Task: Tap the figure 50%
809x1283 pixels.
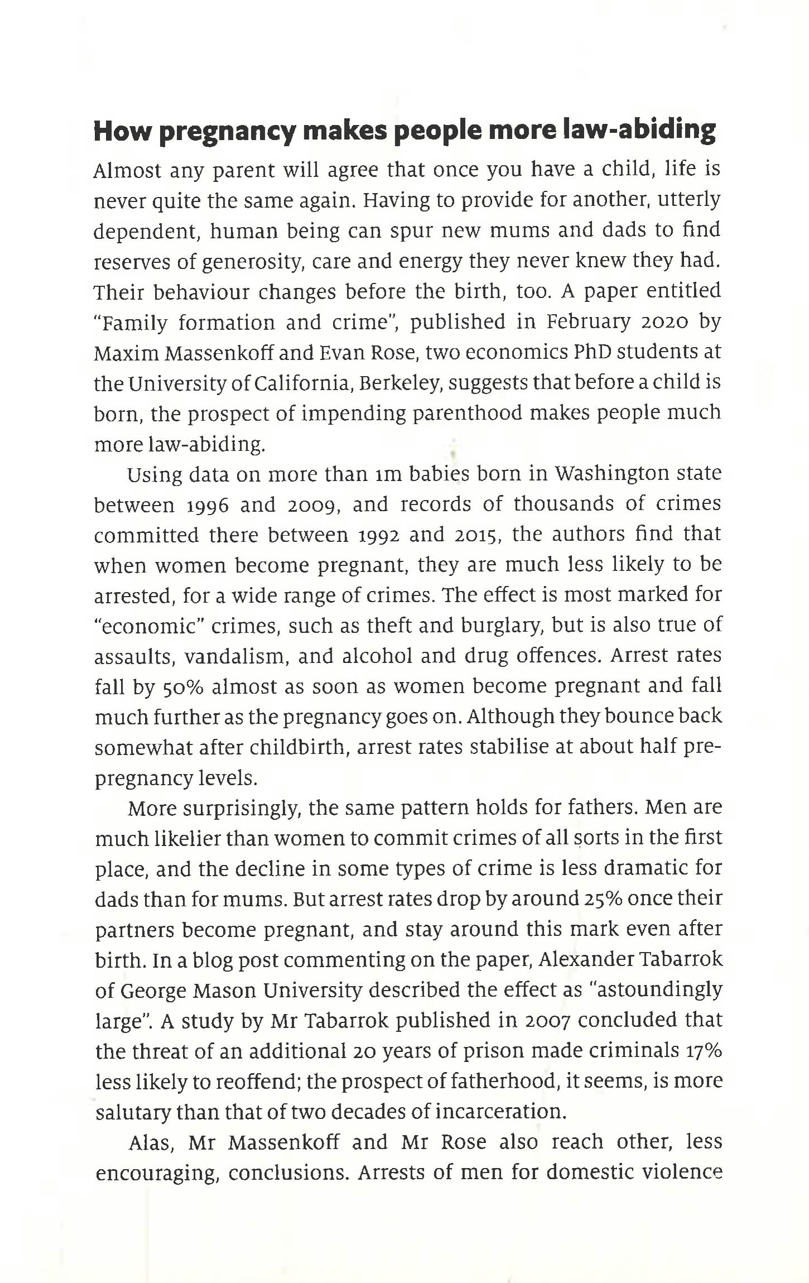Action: tap(179, 687)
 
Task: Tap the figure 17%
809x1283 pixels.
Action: tap(704, 1051)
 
